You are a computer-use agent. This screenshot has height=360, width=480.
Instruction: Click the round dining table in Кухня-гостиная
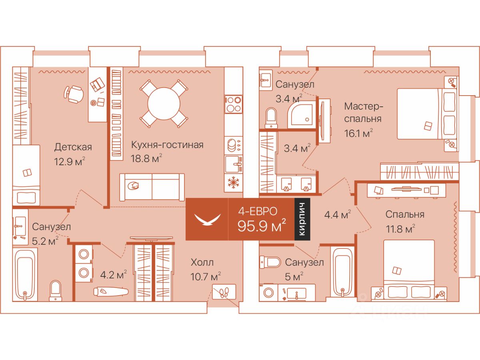pyautogui.click(x=162, y=103)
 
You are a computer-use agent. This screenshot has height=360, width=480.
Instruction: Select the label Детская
pyautogui.click(x=73, y=147)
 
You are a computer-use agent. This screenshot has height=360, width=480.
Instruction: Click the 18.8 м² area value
pyautogui.click(x=146, y=158)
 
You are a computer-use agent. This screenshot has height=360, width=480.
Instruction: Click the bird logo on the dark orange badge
pyautogui.click(x=207, y=220)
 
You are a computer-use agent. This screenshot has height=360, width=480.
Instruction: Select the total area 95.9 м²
pyautogui.click(x=262, y=226)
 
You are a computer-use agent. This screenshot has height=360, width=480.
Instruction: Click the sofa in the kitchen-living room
pyautogui.click(x=152, y=187)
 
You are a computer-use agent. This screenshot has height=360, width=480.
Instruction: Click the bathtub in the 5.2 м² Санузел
pyautogui.click(x=25, y=274)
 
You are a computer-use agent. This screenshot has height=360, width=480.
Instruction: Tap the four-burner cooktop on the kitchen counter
pyautogui.click(x=233, y=104)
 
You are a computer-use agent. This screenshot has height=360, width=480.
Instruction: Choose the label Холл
pyautogui.click(x=202, y=263)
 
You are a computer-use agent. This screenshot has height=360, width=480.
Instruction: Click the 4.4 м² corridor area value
pyautogui.click(x=338, y=215)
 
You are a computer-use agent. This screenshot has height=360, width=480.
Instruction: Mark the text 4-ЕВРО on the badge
pyautogui.click(x=258, y=210)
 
